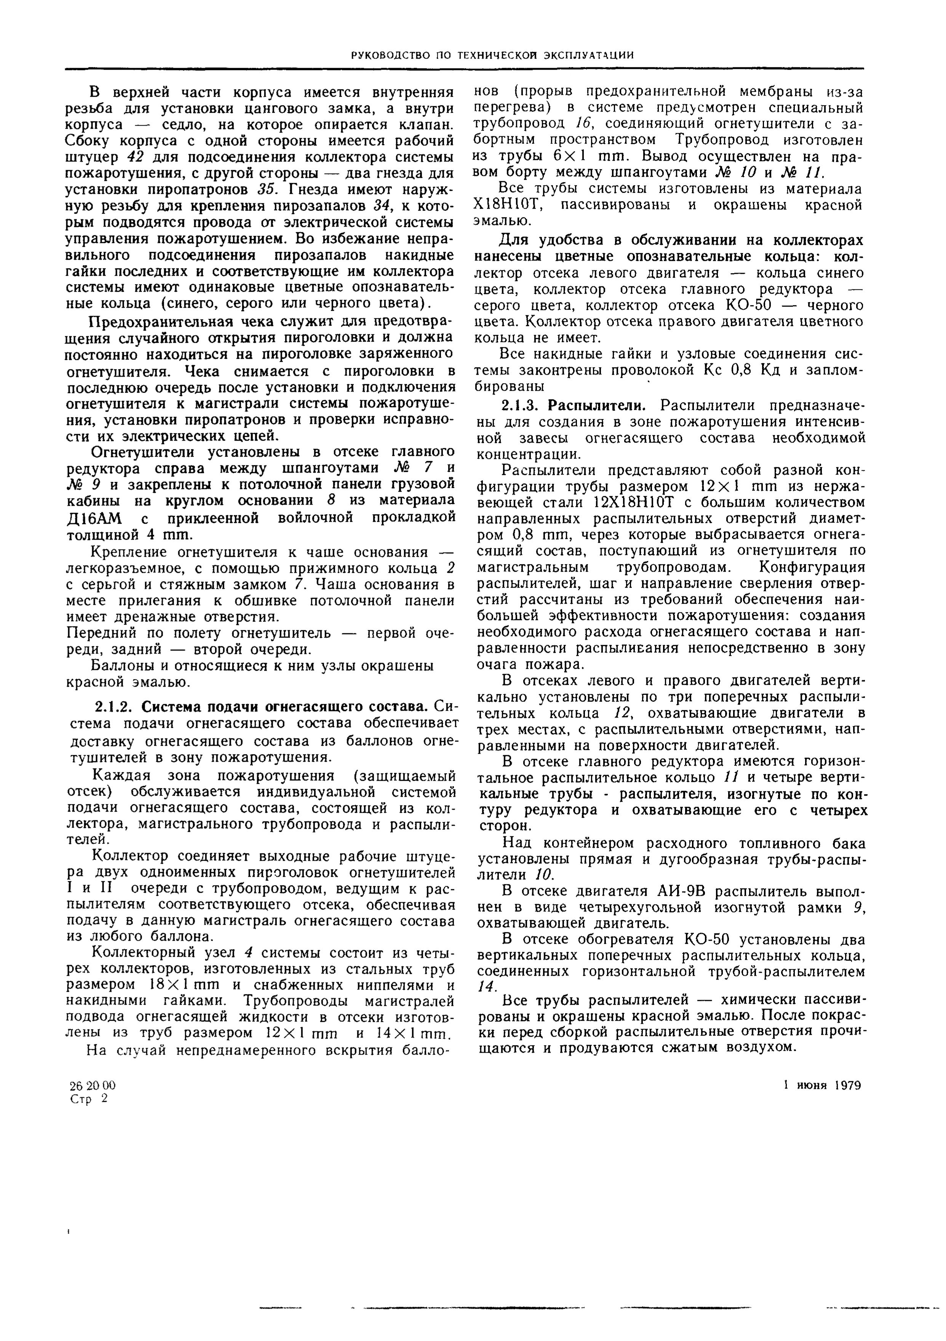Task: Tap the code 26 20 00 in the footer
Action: point(92,1085)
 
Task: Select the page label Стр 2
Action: point(89,1099)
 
